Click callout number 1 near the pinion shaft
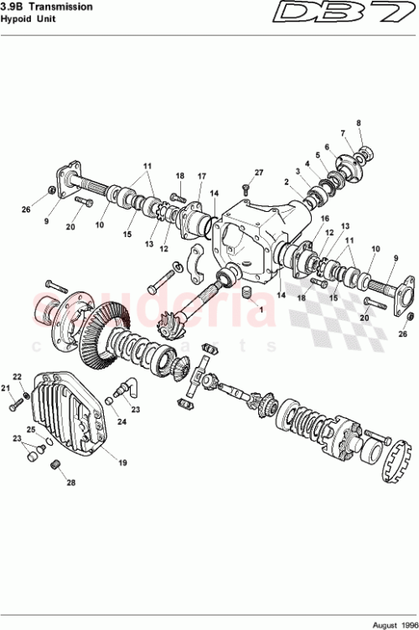pyautogui.click(x=261, y=308)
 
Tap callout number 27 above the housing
pyautogui.click(x=259, y=173)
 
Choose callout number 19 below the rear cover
pyautogui.click(x=122, y=462)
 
